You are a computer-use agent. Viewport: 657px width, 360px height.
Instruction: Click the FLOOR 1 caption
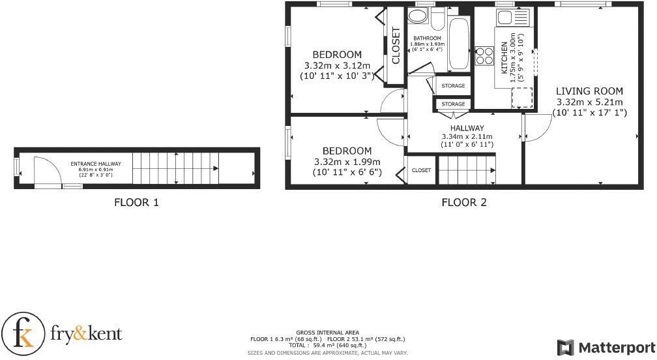[x=136, y=202]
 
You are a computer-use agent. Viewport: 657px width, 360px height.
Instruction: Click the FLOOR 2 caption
[x=464, y=202]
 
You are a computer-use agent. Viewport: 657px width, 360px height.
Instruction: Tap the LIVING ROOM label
[x=589, y=91]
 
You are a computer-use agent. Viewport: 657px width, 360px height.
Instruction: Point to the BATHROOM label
[x=427, y=38]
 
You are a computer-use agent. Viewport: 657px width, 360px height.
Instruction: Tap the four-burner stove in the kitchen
[x=484, y=56]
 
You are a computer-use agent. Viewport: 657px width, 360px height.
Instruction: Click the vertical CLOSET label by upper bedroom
[x=396, y=46]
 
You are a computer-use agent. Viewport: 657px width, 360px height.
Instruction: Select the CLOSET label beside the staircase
[x=421, y=170]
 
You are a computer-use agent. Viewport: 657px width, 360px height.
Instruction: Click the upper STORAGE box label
[x=453, y=86]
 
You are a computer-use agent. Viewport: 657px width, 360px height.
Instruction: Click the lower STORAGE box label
[x=453, y=104]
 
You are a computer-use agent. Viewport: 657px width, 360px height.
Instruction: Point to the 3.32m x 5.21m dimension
[x=589, y=102]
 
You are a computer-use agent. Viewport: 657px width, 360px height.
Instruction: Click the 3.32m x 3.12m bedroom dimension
[x=337, y=65]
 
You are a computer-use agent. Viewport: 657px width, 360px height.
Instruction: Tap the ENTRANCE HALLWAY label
[x=96, y=164]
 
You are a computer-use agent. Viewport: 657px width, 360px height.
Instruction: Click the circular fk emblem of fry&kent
[x=23, y=335]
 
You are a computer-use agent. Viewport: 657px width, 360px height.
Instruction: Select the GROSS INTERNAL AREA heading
[x=327, y=333]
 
